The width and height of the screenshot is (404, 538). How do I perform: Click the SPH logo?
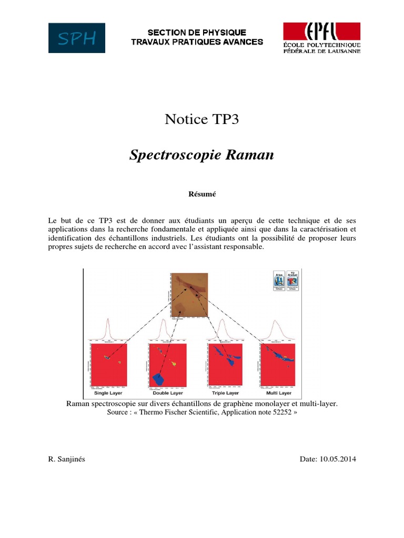point(76,38)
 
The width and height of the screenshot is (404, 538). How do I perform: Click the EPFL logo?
point(322,38)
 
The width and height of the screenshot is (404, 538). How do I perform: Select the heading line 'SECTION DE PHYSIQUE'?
point(196,33)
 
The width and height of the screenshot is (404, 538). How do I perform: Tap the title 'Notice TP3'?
point(202,120)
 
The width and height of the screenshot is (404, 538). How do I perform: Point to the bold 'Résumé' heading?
point(202,194)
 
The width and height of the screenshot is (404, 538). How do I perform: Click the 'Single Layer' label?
point(108,393)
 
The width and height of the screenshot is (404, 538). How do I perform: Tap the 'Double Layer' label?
point(168,393)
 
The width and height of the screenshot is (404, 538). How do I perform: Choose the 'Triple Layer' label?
point(225,393)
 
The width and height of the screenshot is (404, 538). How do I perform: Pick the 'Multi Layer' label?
point(278,393)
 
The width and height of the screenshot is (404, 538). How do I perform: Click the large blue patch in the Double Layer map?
point(159,378)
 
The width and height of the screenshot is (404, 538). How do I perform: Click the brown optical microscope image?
point(189,294)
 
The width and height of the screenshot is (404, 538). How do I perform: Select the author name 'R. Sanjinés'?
point(66,459)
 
